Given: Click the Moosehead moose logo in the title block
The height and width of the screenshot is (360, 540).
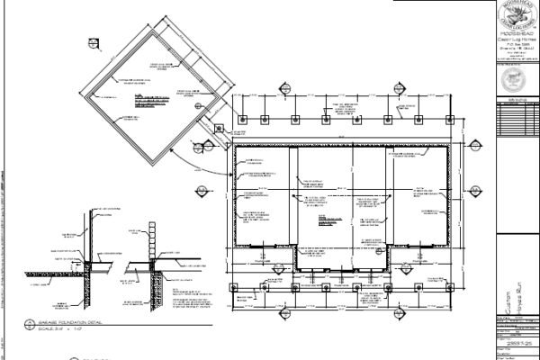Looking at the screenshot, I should point(517,17).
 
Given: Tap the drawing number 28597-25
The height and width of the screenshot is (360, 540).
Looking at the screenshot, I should point(517,344).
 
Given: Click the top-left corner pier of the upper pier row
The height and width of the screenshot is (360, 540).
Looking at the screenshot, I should point(241,119).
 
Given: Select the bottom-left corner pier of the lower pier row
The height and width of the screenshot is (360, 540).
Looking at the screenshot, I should point(234,289).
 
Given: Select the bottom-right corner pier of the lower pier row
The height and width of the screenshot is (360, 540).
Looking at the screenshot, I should point(450,289).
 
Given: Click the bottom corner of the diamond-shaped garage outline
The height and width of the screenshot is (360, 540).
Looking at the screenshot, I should point(158,161).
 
